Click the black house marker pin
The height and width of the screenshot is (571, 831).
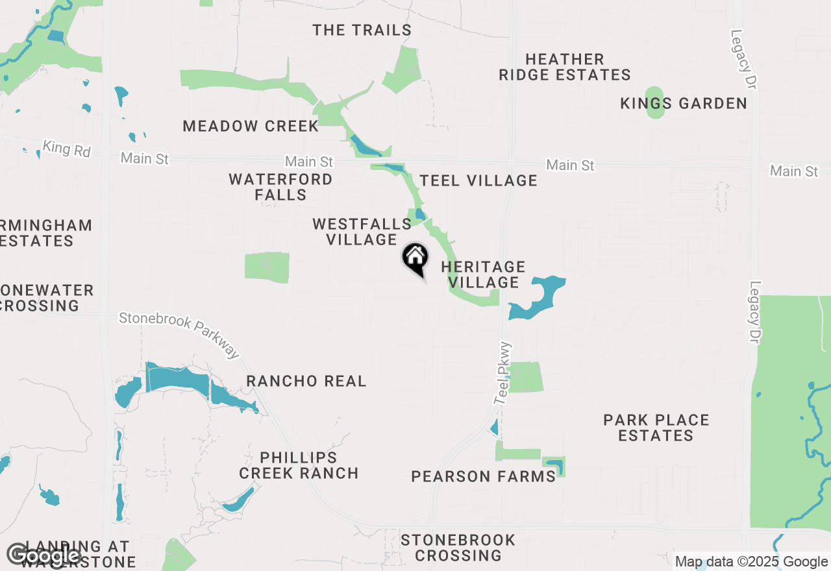pos(415,258)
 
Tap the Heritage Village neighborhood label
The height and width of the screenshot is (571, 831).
pos(483,274)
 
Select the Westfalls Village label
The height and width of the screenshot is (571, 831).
pos(362,232)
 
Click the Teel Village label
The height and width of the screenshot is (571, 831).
pos(478,180)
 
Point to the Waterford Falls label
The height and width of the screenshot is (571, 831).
pos(280,187)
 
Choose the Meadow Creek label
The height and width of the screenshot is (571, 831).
pos(251,126)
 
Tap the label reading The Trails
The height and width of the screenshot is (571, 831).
pos(362,30)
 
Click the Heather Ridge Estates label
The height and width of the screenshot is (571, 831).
pos(564,67)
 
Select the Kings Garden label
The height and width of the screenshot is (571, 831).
pos(684,103)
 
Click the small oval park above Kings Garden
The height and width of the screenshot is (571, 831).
pos(656,103)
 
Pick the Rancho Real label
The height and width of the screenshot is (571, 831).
pos(306,381)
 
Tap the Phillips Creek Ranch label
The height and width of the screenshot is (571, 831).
pos(299,465)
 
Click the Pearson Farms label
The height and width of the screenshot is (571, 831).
pos(484,476)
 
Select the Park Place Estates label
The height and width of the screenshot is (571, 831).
pos(656,428)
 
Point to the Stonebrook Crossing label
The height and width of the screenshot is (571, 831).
pos(458,548)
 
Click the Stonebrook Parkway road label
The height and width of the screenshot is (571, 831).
pos(180,334)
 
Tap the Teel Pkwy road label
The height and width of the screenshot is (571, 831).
pos(503,374)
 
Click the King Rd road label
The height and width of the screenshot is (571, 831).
pos(66,149)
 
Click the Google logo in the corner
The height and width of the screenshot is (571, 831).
pos(44,555)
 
